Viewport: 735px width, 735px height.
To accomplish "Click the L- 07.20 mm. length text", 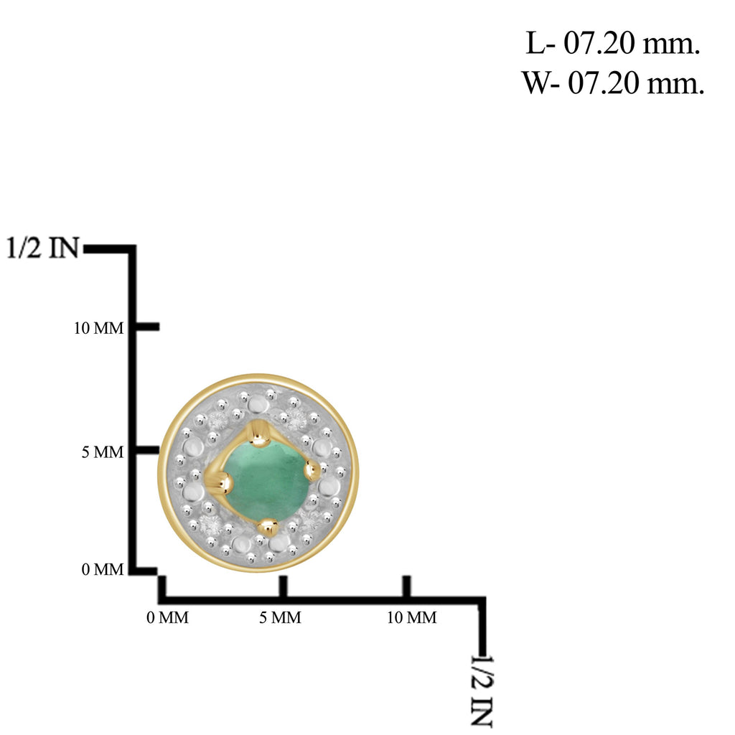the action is (x=613, y=44).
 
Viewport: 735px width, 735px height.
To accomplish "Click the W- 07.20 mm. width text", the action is (x=613, y=84).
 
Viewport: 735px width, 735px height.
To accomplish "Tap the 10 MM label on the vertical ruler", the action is (x=99, y=328).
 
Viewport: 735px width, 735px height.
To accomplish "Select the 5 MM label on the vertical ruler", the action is (x=103, y=452).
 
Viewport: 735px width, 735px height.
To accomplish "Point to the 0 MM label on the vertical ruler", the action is (x=103, y=569).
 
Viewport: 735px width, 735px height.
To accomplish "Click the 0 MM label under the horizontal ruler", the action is (x=168, y=618).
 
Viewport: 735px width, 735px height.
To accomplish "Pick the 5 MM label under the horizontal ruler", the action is (x=281, y=618).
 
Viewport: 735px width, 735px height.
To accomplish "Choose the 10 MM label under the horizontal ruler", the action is (x=412, y=618).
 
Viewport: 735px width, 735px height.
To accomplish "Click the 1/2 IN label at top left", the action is (x=42, y=248).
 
